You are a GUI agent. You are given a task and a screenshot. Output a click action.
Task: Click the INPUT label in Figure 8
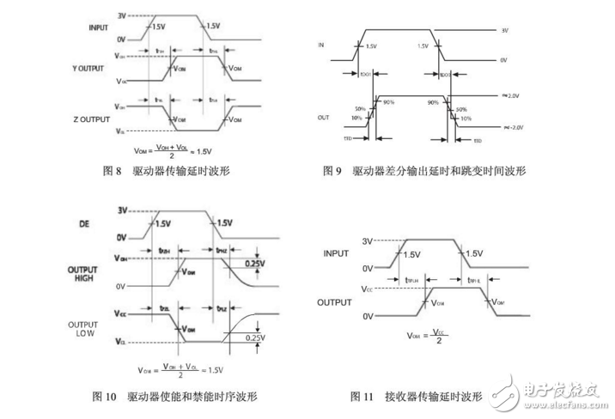(x=100, y=28)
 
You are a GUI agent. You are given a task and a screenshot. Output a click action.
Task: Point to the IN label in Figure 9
(x=321, y=42)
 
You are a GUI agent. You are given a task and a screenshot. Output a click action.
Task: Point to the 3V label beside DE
(x=122, y=210)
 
